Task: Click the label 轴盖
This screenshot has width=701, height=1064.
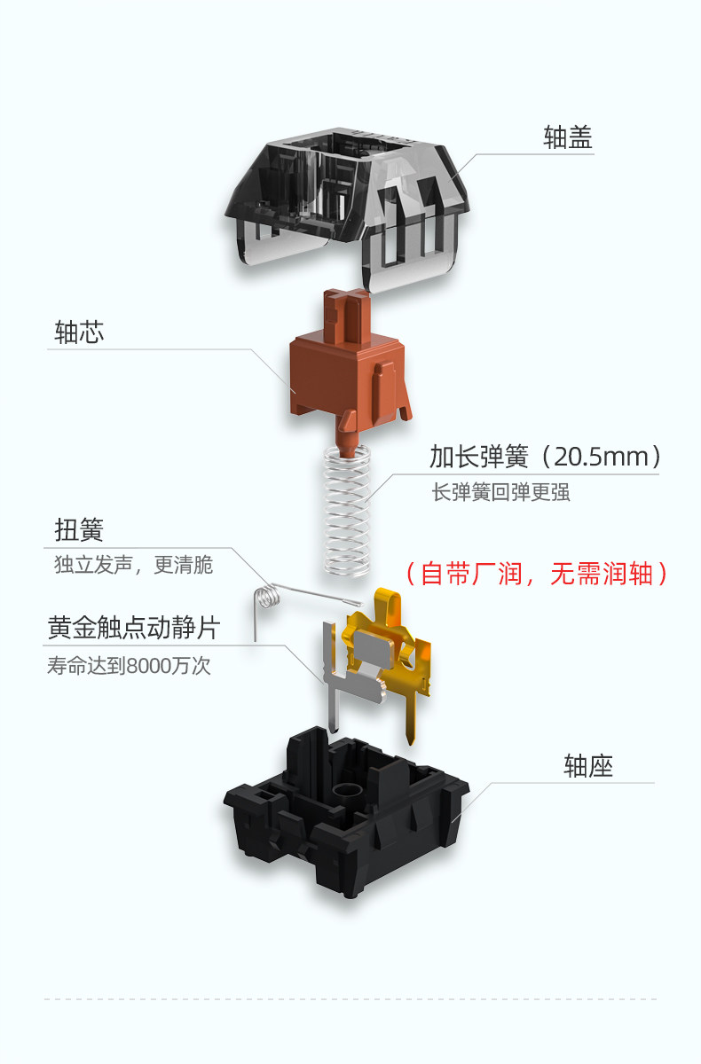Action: click(568, 137)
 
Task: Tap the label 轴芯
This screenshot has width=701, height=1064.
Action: click(79, 332)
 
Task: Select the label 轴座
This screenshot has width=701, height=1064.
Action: click(588, 766)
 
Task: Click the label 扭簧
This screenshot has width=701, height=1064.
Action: click(79, 530)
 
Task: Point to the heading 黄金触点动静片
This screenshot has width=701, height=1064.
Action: click(134, 628)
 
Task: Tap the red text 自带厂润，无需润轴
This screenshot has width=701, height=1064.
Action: click(537, 574)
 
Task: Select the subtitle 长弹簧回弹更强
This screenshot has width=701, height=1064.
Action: click(500, 492)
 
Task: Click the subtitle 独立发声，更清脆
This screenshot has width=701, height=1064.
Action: click(134, 565)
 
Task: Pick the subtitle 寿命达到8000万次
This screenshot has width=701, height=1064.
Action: click(129, 666)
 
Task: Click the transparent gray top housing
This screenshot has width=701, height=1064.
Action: click(348, 204)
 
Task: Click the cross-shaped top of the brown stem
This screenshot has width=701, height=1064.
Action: click(348, 298)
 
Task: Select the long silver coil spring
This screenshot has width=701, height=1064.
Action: click(347, 512)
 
